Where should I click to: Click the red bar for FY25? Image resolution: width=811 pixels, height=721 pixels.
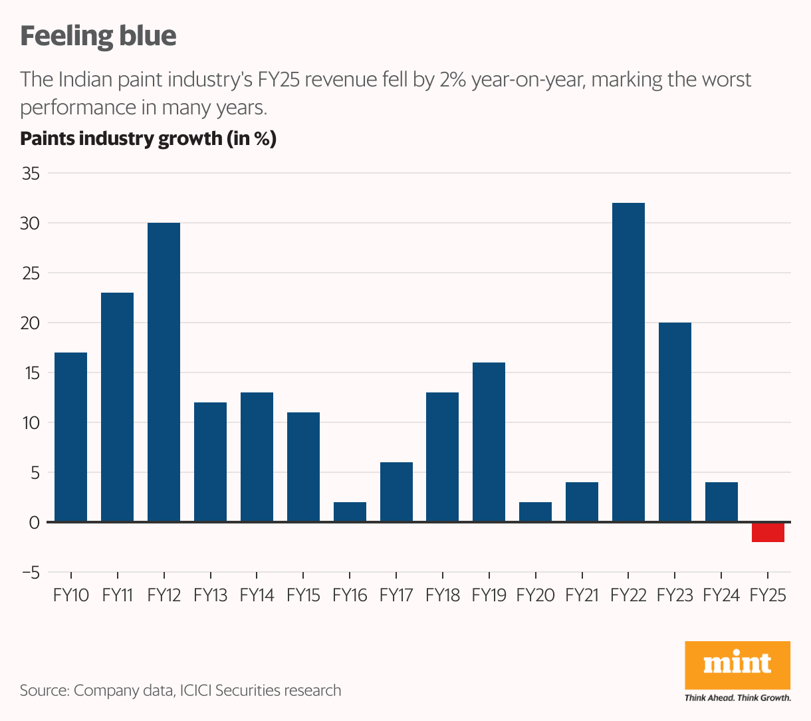[x=768, y=532]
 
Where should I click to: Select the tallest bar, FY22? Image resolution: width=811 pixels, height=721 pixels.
[x=628, y=362]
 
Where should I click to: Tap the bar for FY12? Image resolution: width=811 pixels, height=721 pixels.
[x=164, y=372]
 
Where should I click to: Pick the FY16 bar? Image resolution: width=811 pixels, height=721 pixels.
[x=350, y=512]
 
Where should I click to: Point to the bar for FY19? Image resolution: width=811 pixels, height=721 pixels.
[x=489, y=442]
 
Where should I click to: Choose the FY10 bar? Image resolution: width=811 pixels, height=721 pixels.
[x=70, y=437]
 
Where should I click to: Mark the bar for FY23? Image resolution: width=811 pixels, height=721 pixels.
[x=675, y=422]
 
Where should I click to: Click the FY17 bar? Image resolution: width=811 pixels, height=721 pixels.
[x=396, y=492]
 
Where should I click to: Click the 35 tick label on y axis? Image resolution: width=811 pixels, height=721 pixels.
[x=31, y=174]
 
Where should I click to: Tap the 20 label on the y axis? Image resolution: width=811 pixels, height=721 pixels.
[x=31, y=323]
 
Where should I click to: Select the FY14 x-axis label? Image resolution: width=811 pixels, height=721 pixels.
[x=257, y=595]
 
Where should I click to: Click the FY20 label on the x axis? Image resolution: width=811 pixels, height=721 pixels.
[x=535, y=595]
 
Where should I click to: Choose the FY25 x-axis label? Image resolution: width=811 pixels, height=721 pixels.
[x=768, y=595]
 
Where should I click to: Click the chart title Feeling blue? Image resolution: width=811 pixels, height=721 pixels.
[x=98, y=36]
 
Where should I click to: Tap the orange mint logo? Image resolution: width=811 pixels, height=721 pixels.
[x=737, y=664]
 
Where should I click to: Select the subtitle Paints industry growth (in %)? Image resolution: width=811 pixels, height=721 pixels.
[x=148, y=138]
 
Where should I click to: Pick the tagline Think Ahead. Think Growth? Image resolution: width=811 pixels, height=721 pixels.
[x=737, y=698]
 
